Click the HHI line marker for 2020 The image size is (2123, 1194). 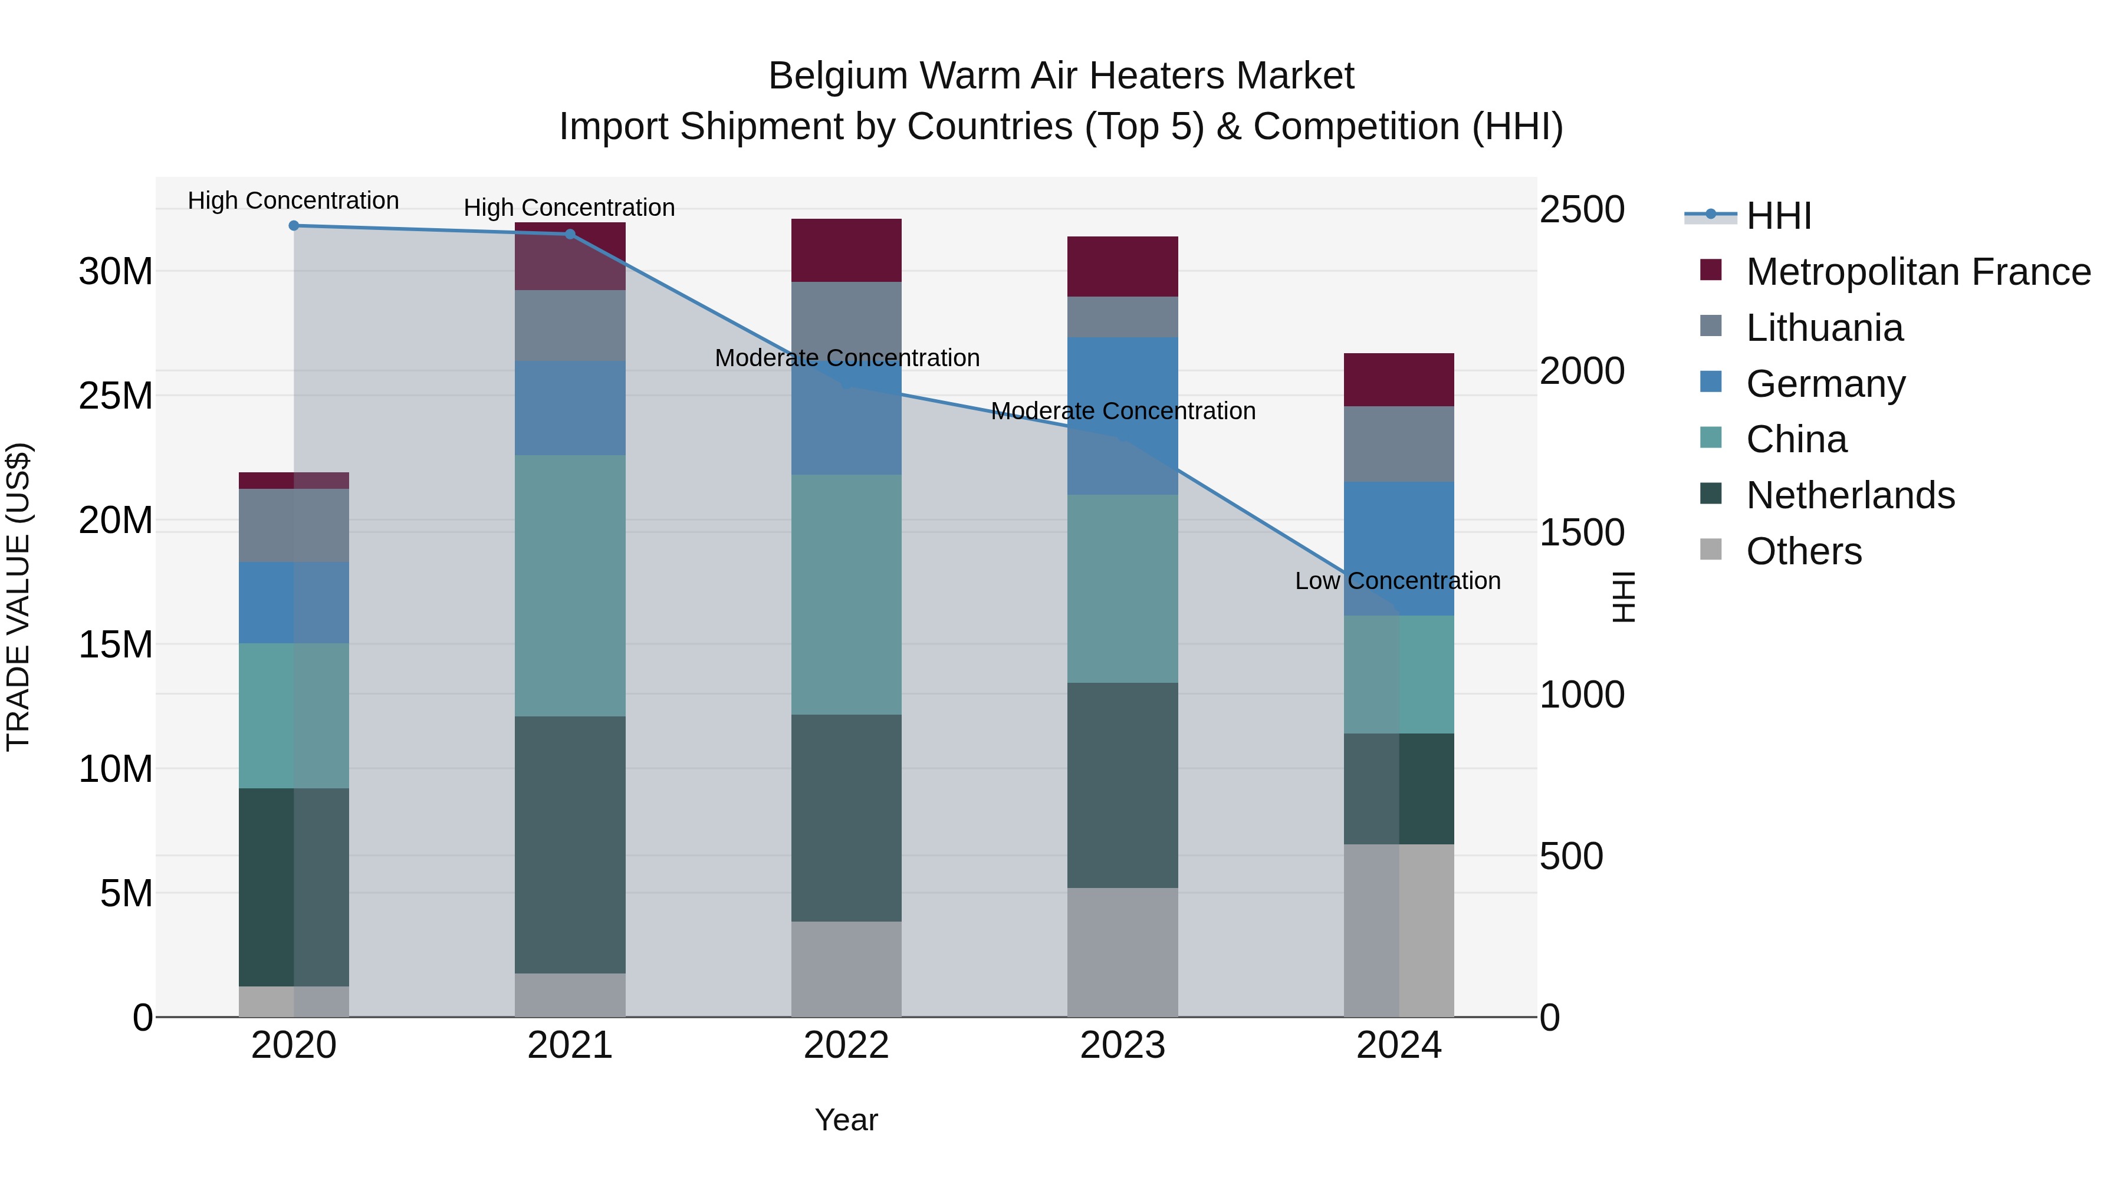(x=294, y=226)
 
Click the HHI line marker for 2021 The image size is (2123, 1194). (x=570, y=234)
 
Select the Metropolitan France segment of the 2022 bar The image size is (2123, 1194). (x=846, y=251)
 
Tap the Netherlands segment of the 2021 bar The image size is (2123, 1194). (x=570, y=844)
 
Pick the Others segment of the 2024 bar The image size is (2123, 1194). (x=1399, y=930)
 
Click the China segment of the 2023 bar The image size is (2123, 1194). (x=1122, y=588)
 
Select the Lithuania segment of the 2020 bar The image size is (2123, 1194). (x=294, y=526)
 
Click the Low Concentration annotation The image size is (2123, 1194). (x=1398, y=581)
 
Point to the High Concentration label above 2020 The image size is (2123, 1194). (x=294, y=201)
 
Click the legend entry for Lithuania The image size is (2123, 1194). (x=1824, y=328)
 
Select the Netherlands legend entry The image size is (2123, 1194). (x=1849, y=495)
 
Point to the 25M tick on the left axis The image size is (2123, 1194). (x=116, y=396)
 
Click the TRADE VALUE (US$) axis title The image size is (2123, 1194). (x=18, y=597)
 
